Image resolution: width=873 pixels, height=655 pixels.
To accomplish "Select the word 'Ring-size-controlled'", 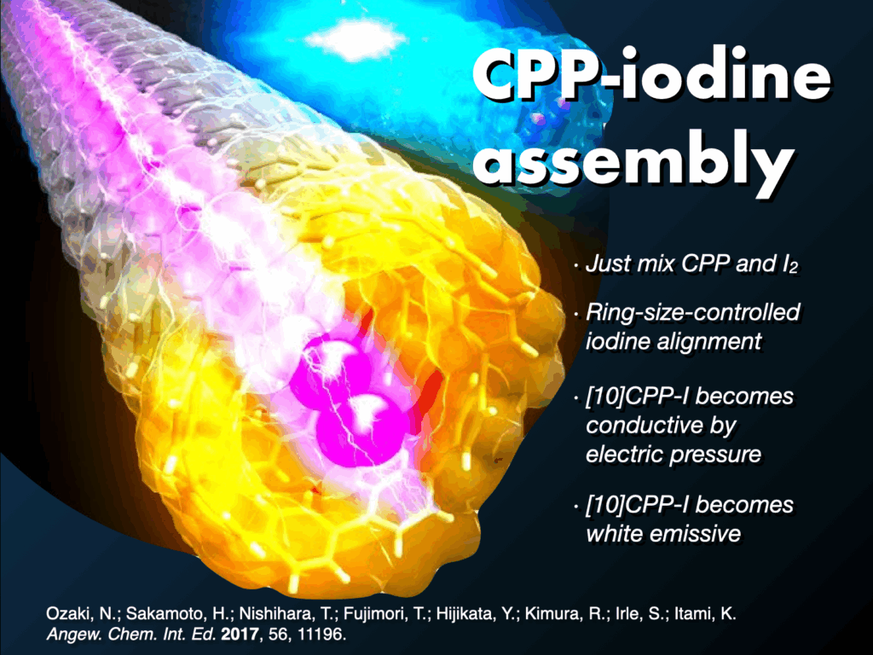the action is point(692,313).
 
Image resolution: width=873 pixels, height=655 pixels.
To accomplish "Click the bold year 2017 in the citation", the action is point(240,635).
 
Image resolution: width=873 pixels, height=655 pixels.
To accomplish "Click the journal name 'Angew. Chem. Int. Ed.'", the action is point(131,635).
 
